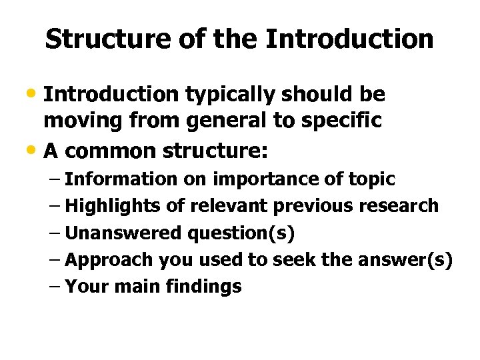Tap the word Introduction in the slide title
click(349, 39)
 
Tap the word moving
click(80, 121)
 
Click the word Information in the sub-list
click(122, 179)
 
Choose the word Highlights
click(114, 206)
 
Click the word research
click(401, 206)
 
